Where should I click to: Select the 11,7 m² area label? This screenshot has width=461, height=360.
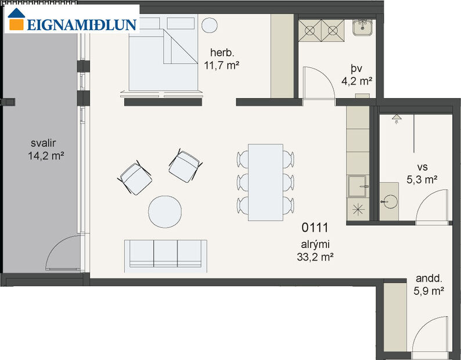tap(222, 65)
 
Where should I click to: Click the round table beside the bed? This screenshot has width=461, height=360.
tap(210, 26)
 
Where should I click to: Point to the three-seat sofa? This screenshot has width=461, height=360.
tap(165, 255)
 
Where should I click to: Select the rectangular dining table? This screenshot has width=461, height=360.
tap(265, 182)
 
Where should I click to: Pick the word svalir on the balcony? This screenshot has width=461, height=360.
tap(45, 143)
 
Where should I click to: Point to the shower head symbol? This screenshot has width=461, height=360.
tap(397, 118)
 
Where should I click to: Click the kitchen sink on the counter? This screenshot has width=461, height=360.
tap(358, 186)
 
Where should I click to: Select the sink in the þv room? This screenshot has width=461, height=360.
tap(365, 27)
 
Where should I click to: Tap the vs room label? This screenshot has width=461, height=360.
tap(422, 165)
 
